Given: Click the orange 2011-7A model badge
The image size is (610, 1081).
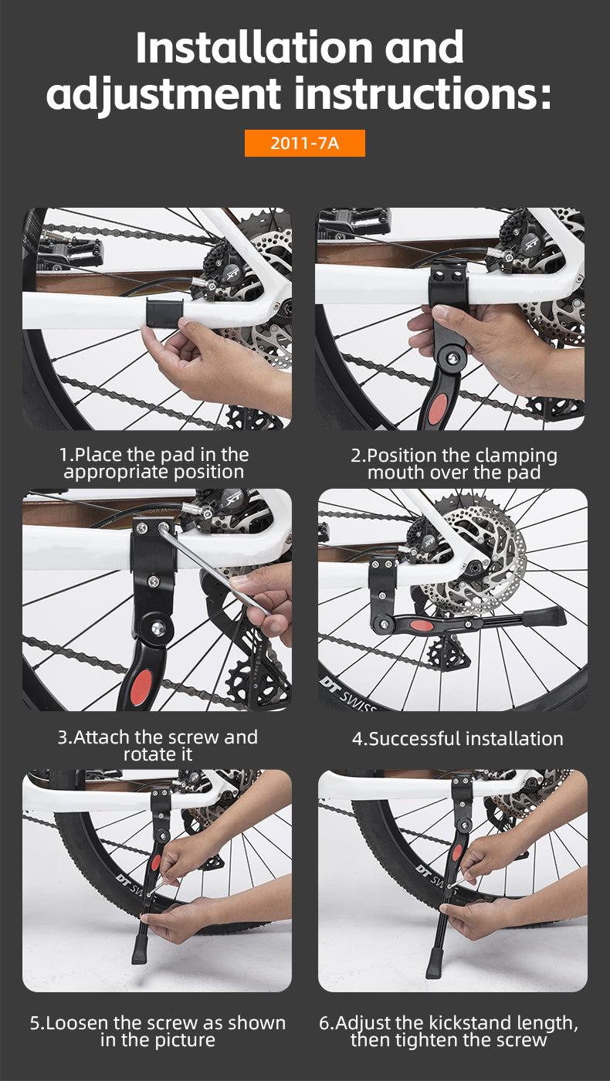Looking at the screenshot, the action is coord(304,143).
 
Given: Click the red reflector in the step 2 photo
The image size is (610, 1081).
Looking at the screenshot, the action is coord(438,408).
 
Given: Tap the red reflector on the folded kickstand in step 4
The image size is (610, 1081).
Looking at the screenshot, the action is coord(422,626).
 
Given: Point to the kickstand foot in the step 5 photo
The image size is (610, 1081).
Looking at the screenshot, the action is coord(139,950).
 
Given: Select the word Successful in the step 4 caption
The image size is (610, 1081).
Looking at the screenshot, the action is coord(415,739).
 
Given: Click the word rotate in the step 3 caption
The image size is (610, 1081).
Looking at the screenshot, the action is coord(146,754).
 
